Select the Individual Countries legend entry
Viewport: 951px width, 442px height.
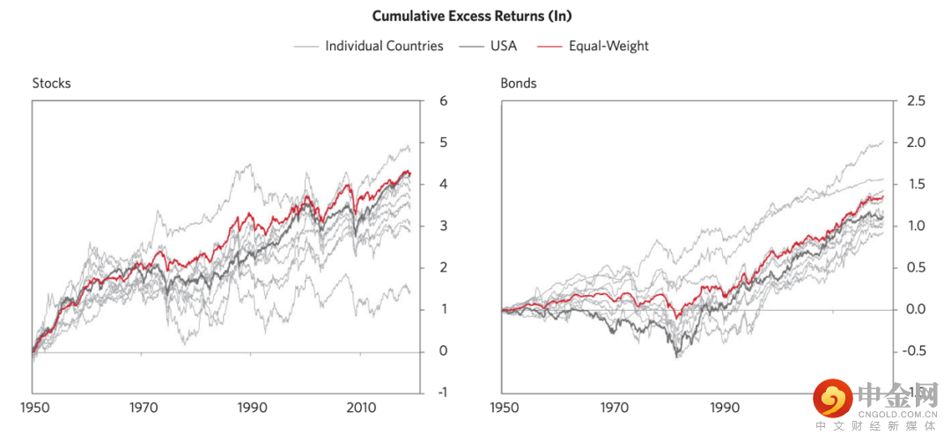pos(384,46)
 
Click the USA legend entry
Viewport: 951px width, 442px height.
pos(503,46)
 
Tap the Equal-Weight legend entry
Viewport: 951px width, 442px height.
pos(608,46)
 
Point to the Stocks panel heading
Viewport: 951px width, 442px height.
pos(51,84)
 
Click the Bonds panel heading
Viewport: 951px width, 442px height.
pos(519,84)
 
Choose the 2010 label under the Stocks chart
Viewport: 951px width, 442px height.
pos(361,409)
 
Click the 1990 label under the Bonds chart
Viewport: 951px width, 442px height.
pos(724,409)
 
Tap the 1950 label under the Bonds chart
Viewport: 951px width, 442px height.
pos(504,409)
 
